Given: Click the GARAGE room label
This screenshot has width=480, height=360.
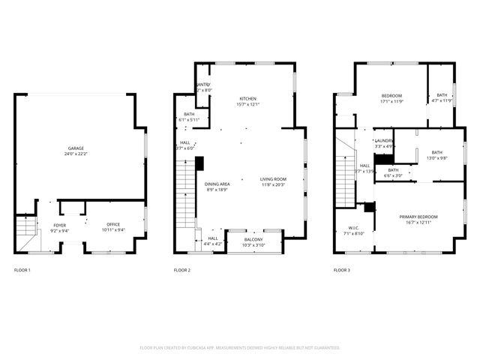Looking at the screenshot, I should [75, 148].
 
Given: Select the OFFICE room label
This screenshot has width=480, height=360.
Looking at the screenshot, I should [113, 224].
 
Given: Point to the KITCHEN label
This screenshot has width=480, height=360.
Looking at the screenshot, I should [248, 99].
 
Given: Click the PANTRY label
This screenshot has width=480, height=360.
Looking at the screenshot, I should [203, 85].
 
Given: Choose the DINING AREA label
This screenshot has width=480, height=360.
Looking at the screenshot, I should [217, 184].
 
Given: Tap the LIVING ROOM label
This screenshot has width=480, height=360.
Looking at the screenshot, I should [274, 179].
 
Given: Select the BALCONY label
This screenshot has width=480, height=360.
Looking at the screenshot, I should [253, 240].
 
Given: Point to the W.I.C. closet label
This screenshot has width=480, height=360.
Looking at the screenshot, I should [354, 228].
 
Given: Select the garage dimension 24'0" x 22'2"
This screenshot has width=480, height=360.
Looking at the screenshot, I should [75, 154].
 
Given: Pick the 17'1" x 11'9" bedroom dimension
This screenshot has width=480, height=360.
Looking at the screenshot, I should [392, 101].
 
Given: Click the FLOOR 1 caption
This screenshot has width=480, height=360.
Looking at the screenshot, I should [22, 269].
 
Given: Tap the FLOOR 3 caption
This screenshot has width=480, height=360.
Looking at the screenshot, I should [341, 269].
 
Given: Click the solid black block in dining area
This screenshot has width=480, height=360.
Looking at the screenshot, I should [200, 163].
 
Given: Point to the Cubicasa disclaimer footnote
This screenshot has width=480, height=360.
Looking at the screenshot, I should [240, 347].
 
